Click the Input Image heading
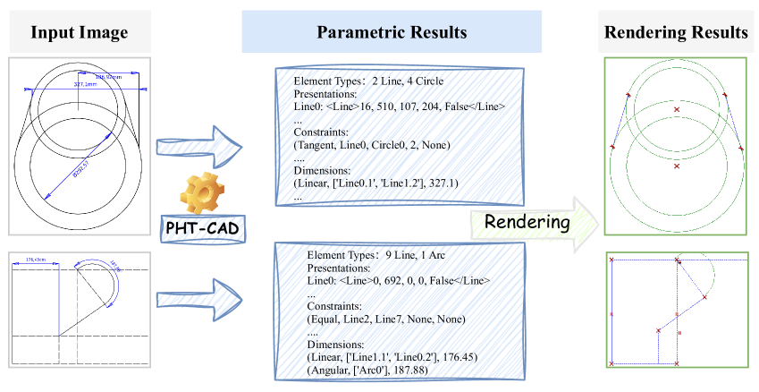[x=80, y=33]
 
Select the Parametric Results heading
[x=392, y=33]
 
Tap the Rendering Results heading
[x=677, y=33]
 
